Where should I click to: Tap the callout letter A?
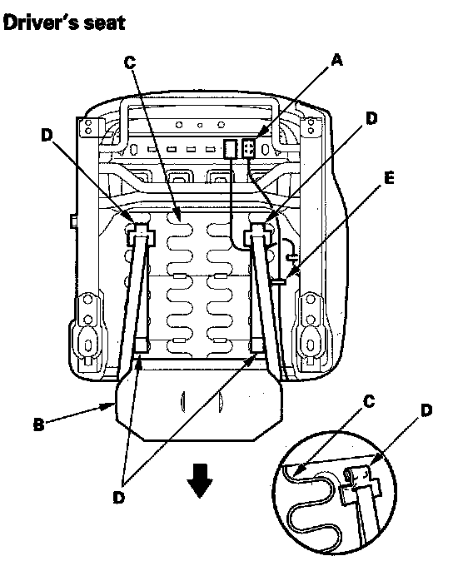click(336, 60)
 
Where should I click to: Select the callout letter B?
click(38, 424)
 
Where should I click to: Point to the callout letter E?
click(389, 178)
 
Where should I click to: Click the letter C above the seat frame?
click(130, 62)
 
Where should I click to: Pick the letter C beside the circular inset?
click(369, 401)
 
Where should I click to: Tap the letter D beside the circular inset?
click(426, 410)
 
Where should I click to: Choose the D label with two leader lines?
click(119, 497)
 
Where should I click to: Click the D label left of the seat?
click(47, 135)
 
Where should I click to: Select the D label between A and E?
click(371, 118)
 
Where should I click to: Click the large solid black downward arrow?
click(200, 480)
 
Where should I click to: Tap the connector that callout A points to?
click(249, 148)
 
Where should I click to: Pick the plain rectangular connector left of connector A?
click(231, 149)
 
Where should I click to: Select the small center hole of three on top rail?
click(201, 125)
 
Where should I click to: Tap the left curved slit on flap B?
click(183, 401)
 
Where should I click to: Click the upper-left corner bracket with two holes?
click(89, 127)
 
